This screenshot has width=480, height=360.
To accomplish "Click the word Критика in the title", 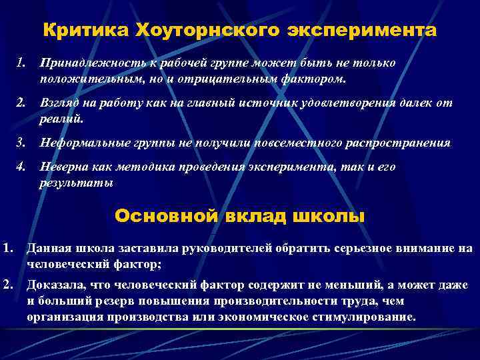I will pyautogui.click(x=85, y=31).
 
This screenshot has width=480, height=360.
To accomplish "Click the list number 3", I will pyautogui.click(x=21, y=143).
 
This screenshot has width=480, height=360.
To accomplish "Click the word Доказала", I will pyautogui.click(x=55, y=287).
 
